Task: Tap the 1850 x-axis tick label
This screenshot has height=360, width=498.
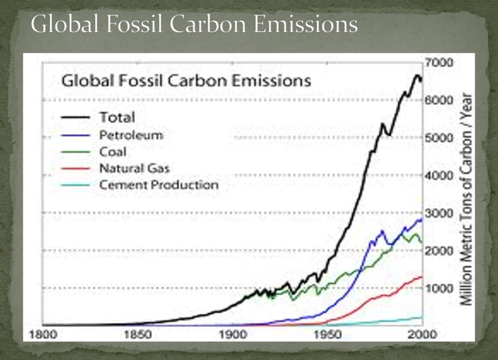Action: [137, 335]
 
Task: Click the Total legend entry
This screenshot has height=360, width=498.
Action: [117, 118]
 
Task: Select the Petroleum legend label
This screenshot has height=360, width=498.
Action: [131, 135]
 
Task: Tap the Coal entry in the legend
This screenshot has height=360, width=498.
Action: [112, 152]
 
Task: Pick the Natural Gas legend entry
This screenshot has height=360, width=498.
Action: [134, 168]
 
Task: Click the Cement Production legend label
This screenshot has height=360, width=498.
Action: [159, 185]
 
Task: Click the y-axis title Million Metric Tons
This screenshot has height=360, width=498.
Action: [468, 199]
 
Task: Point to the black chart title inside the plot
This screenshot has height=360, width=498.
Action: [186, 80]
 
